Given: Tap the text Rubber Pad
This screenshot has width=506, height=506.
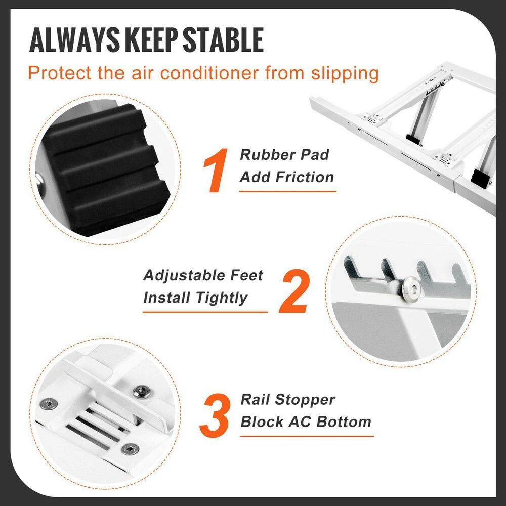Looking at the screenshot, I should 284,155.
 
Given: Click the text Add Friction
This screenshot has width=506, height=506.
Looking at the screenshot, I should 287,177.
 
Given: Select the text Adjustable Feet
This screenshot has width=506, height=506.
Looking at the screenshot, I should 203,275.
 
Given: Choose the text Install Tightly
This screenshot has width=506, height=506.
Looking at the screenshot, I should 195,298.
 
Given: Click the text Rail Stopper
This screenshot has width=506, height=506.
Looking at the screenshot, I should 287,400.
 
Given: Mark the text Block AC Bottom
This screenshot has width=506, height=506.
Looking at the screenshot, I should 306,421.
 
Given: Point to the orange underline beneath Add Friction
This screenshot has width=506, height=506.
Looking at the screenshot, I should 287,191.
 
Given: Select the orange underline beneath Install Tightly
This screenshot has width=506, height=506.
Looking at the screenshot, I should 205,312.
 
